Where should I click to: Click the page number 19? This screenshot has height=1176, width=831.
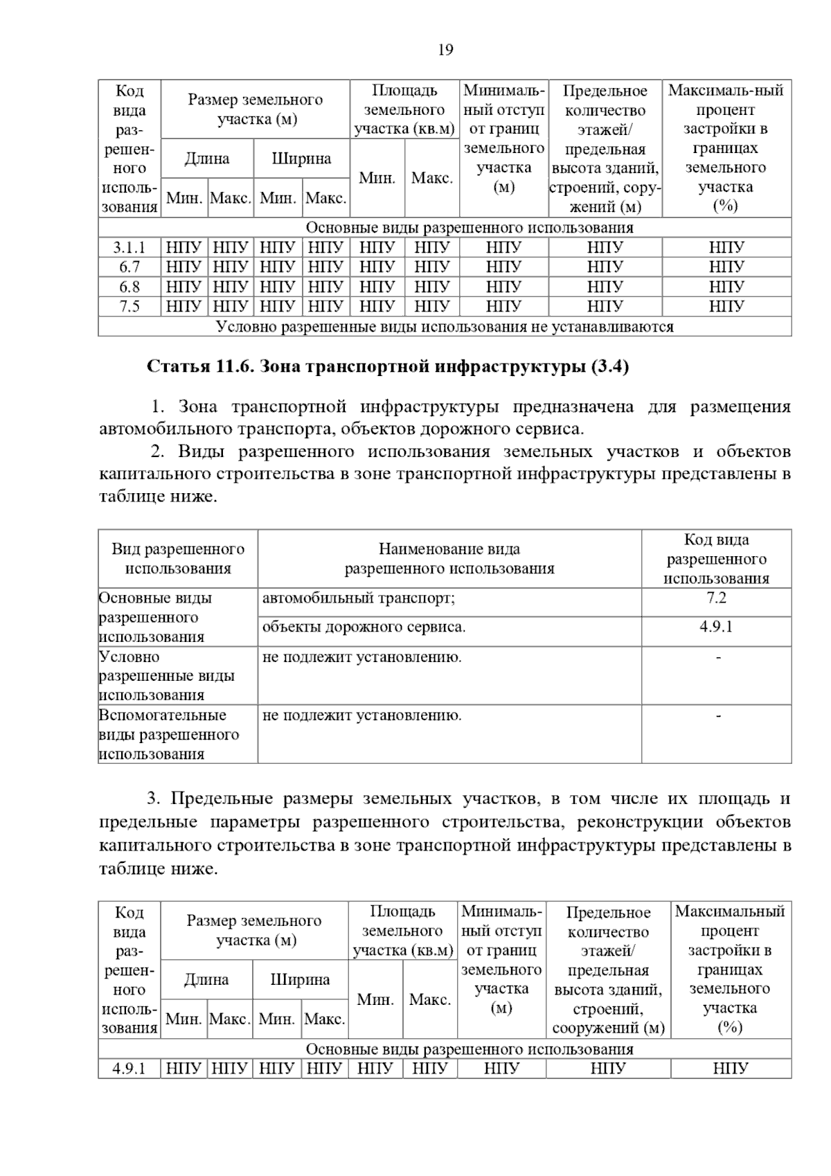coord(445,50)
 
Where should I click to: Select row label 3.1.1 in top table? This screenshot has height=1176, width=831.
coord(129,247)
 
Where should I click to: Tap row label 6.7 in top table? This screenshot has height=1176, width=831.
coord(129,267)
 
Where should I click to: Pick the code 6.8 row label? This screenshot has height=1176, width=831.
coord(129,287)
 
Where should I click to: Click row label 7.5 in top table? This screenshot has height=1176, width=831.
coord(129,306)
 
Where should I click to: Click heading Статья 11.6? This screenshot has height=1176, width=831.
coord(387,366)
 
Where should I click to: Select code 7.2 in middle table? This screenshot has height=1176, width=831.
coord(716,598)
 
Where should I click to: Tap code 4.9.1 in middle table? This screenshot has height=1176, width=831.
coord(716,627)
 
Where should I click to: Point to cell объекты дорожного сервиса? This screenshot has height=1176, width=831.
coord(364,627)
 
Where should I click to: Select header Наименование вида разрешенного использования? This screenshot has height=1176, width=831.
coord(449,559)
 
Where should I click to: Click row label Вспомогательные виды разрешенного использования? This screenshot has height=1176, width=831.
coord(169,734)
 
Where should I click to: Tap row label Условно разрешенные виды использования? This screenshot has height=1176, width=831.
coord(166,676)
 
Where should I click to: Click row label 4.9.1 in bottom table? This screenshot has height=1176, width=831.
coord(129,1069)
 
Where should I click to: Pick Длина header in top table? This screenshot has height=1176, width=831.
coord(207,159)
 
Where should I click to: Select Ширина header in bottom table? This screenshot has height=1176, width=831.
coord(300,979)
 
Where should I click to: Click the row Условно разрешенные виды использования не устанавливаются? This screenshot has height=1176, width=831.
coord(445,326)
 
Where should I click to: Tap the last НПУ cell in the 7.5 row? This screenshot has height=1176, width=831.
coord(726,306)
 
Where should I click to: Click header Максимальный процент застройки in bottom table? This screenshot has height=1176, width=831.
coord(730,969)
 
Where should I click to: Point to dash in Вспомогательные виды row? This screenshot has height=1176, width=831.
coord(718,715)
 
